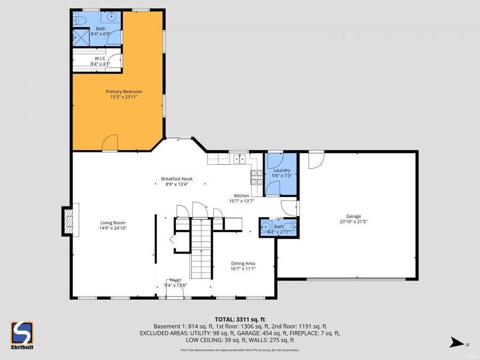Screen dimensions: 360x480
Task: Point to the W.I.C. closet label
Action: [101, 58]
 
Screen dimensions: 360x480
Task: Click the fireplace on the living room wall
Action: [68, 221]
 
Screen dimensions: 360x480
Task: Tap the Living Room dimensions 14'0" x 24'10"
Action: [113, 228]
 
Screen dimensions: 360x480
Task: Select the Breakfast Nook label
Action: [177, 179]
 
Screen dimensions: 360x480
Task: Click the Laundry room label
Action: [282, 171]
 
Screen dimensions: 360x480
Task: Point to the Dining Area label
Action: [243, 263]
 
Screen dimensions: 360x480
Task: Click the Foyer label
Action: [175, 280]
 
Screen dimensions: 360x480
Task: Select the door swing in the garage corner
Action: [315, 159]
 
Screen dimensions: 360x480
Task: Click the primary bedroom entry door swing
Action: [110, 143]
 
